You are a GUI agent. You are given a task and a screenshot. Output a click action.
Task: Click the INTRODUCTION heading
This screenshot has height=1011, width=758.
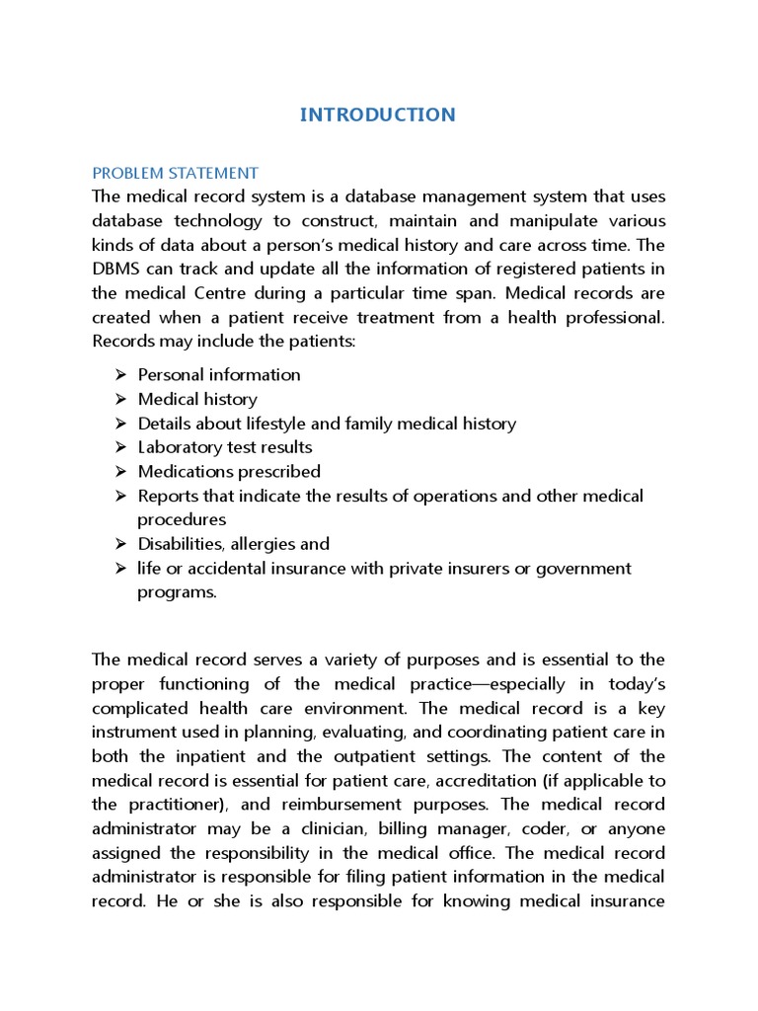point(378,115)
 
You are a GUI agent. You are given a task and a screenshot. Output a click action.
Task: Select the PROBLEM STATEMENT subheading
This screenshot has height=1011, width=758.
point(175,173)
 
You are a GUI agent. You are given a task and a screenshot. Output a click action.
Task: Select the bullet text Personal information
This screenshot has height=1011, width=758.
point(219,375)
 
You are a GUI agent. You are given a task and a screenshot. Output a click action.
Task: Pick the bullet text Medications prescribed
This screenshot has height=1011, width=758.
point(229,472)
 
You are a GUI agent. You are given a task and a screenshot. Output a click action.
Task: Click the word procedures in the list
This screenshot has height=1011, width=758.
point(182,520)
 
